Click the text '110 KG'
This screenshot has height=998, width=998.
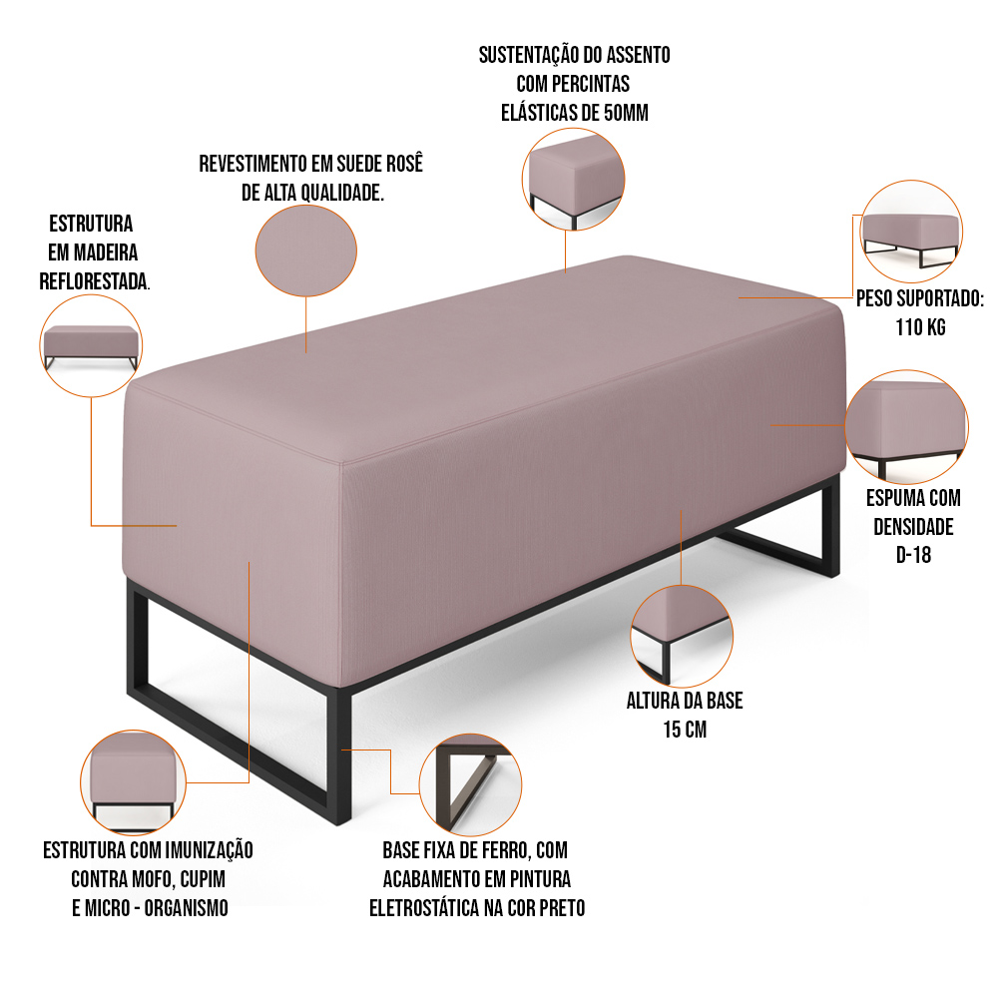click(920, 327)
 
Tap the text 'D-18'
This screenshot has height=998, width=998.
click(913, 555)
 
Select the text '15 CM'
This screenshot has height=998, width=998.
click(685, 730)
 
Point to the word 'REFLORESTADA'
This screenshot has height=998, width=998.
click(93, 281)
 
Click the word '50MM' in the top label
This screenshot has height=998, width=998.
click(626, 113)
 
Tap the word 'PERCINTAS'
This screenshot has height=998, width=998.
click(591, 84)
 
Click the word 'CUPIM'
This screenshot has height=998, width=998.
click(203, 879)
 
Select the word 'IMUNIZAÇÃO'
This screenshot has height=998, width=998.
click(210, 850)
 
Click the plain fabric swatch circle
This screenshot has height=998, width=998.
click(306, 250)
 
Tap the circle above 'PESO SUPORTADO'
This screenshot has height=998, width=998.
click(911, 232)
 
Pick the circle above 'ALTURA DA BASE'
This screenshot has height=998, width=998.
click(682, 637)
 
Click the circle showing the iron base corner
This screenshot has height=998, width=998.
click(470, 784)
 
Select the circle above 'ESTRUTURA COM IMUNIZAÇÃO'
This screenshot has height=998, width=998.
click(133, 782)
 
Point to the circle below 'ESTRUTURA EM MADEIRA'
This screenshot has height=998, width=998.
click(91, 345)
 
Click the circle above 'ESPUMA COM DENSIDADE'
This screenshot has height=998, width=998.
click(907, 426)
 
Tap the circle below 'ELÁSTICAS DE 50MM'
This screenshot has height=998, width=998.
click(574, 179)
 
